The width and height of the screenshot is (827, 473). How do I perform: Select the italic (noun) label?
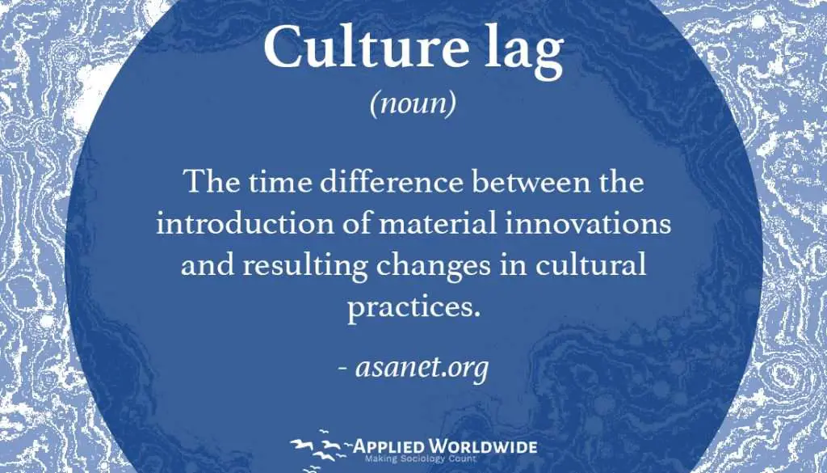point(413,104)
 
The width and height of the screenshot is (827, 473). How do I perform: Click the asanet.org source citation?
point(413,367)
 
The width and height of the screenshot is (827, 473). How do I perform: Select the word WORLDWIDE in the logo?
point(481,446)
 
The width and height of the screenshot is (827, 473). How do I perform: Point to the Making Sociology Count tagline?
point(421,459)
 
